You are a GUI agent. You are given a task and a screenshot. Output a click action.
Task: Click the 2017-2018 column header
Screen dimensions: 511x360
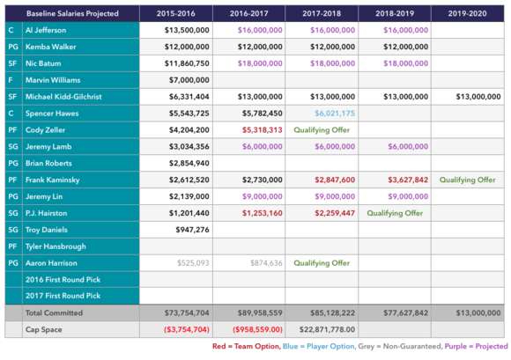coord(322,13)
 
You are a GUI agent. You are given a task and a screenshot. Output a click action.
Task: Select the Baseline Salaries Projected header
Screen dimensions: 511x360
coord(72,13)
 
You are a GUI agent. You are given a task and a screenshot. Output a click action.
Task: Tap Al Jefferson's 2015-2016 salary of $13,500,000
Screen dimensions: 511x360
coord(187,30)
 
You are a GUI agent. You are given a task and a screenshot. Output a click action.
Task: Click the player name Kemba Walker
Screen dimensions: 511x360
coord(51,47)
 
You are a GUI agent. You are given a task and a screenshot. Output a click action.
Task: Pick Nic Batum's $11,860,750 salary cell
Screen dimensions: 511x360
coord(187,63)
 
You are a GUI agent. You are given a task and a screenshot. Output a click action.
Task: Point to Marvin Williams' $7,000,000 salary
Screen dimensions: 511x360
coord(189,80)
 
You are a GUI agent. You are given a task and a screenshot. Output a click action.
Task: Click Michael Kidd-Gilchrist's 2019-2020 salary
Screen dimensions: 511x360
coord(478,96)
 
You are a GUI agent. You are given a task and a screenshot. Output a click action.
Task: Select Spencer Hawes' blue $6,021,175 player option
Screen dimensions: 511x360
coord(335,114)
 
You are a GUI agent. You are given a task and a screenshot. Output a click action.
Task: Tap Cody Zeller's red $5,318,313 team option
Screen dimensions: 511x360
coord(262,130)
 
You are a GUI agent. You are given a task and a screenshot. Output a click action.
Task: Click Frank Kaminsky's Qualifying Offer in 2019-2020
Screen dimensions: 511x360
coord(467,180)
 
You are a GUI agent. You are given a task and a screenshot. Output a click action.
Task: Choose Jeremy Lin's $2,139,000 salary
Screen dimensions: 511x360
coord(189,196)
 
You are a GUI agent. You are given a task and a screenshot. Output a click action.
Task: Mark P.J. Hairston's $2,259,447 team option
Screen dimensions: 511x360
coord(335,213)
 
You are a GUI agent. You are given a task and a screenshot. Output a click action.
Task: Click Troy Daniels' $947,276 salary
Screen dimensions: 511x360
coord(192,230)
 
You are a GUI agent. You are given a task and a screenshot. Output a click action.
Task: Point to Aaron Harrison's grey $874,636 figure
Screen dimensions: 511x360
coord(266,262)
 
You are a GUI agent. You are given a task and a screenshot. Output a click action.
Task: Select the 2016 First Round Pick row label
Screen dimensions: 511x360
coord(63,279)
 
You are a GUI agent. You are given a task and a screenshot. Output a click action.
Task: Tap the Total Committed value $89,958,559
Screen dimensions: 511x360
coord(260,312)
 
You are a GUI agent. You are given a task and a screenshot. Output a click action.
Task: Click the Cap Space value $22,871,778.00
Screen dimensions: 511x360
coord(327,329)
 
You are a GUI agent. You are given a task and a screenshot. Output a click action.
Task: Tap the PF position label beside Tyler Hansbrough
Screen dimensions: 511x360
coord(12,246)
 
